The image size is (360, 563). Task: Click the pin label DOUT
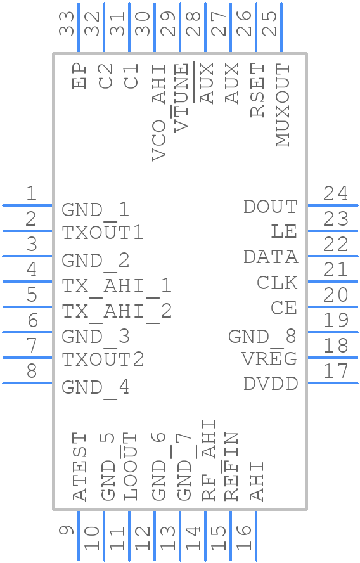click(x=270, y=207)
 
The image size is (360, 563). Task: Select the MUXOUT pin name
click(x=283, y=105)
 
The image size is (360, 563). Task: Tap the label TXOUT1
click(x=103, y=233)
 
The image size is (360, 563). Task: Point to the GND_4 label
click(x=96, y=387)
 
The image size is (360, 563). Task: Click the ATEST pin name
click(x=80, y=467)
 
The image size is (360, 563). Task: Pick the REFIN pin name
click(x=231, y=467)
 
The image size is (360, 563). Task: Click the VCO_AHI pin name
click(x=160, y=112)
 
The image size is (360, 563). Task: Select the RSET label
click(x=257, y=90)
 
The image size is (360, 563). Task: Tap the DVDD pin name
click(x=270, y=384)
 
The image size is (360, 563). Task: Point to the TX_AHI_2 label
click(x=117, y=311)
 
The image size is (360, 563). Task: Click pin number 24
click(x=335, y=193)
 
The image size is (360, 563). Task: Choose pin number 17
click(x=335, y=371)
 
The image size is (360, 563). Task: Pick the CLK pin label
click(x=277, y=283)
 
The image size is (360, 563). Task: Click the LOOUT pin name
click(x=131, y=467)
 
